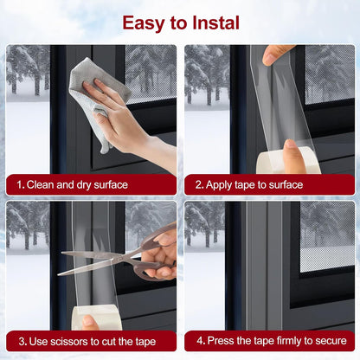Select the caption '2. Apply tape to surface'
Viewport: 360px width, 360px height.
coord(249,184)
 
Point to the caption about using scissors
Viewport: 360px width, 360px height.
coord(88,340)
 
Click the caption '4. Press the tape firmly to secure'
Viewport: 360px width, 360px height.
coord(269,340)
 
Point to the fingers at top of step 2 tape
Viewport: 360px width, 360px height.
coord(277,54)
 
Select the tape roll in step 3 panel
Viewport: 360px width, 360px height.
coord(97,317)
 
